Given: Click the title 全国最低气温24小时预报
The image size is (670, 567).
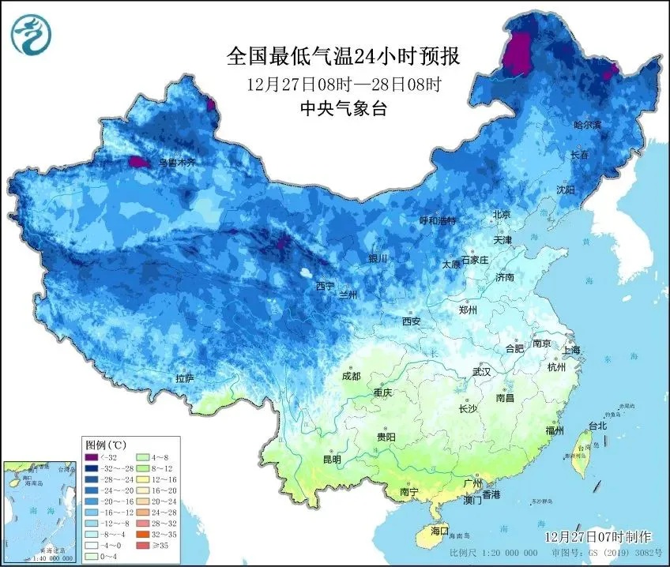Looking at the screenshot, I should tap(343, 57).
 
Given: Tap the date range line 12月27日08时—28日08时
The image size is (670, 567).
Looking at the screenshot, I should tap(343, 84).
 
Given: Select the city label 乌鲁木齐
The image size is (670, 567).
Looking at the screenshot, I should tap(175, 163).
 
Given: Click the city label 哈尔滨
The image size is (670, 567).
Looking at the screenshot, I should tap(587, 125).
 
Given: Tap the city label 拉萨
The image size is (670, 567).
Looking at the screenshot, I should tap(185, 379).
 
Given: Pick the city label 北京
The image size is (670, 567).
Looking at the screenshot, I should tap(502, 214).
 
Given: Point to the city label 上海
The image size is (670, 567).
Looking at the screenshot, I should tap(572, 350).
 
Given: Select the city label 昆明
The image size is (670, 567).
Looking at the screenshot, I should tap(332, 460).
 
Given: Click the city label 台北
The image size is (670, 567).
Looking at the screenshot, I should tap(597, 426).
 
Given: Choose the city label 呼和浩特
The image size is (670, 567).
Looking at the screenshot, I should tap(437, 221).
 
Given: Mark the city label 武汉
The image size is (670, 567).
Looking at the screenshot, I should tap(481, 371).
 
